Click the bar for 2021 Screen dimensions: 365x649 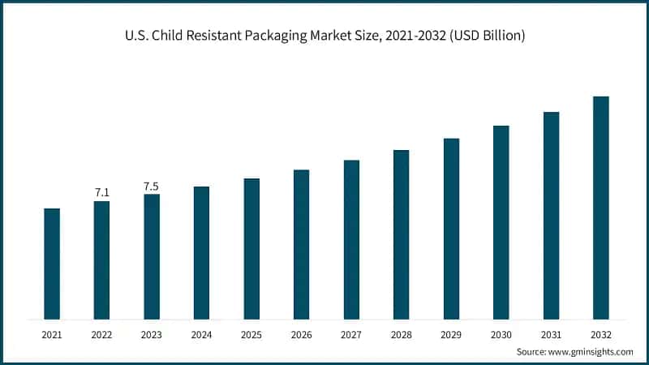52,264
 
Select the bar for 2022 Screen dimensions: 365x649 101,260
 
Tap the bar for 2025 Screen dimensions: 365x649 251,248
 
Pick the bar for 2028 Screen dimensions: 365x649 401,234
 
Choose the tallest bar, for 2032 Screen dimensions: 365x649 600,208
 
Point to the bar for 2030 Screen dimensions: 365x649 501,222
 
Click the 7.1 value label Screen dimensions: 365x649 102,192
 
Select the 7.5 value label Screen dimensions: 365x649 152,187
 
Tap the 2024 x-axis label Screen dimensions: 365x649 201,333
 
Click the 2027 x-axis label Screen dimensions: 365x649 351,333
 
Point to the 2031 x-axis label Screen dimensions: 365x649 551,333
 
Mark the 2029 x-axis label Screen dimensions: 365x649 451,333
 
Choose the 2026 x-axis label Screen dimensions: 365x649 301,333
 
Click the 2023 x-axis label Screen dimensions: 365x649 152,333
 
